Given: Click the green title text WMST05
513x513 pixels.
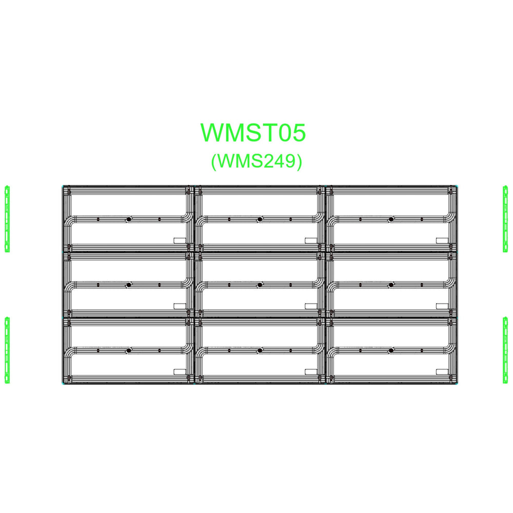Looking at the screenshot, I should click(x=253, y=132).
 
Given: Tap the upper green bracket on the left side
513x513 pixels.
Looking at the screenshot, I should click(x=7, y=219).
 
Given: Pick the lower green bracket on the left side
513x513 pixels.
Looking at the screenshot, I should click(x=7, y=350).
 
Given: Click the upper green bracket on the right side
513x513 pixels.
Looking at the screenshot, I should click(x=505, y=219).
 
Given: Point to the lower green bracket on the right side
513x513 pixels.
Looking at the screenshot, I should click(x=505, y=350).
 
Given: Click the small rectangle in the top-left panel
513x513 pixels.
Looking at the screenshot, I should click(x=180, y=240).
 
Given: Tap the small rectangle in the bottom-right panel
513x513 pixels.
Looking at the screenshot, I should click(x=442, y=371).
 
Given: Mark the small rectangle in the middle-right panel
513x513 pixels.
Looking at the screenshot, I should click(x=442, y=306).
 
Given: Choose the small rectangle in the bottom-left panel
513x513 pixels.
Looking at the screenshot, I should click(x=180, y=371).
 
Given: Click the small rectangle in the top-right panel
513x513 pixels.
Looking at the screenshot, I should click(x=442, y=240).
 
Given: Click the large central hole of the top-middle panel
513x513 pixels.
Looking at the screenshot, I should click(x=260, y=220).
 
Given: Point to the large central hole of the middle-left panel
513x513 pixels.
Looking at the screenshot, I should click(x=129, y=285).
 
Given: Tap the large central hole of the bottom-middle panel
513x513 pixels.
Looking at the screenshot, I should click(x=260, y=350).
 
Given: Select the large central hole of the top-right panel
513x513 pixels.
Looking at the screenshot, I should click(x=391, y=220).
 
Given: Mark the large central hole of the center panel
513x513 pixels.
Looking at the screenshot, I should click(x=260, y=285).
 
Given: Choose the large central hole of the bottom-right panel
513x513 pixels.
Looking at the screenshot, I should click(x=391, y=350).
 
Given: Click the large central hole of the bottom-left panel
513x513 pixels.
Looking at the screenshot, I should click(x=129, y=350).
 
